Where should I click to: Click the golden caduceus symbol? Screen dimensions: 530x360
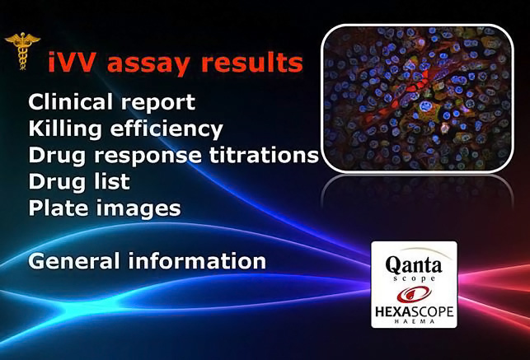[x=22, y=51]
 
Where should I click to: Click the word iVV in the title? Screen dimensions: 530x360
[x=72, y=63]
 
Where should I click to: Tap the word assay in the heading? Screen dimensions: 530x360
[x=148, y=64]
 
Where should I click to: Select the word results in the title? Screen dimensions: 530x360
[x=252, y=63]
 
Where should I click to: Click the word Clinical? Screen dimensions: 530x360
[x=70, y=101]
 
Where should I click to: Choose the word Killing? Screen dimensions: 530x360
[x=65, y=129]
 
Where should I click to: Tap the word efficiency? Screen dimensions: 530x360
[x=167, y=129]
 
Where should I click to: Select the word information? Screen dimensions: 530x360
[x=197, y=261]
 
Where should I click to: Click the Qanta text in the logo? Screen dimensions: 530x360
[x=414, y=264]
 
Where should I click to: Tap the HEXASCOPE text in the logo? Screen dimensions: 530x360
[x=414, y=311]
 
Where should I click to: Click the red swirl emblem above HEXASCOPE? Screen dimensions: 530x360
[x=414, y=294]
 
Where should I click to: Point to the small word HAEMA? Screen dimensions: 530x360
[x=415, y=321]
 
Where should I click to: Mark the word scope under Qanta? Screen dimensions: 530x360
[x=415, y=279]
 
